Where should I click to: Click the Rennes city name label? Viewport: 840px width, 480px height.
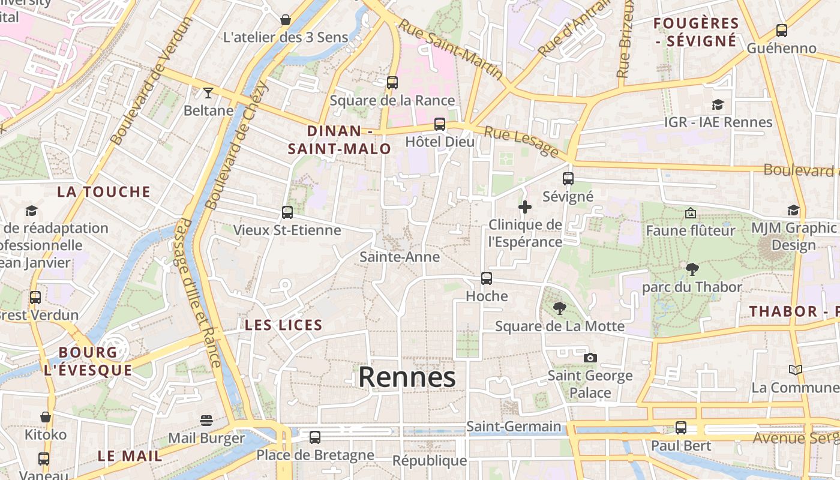(407, 377)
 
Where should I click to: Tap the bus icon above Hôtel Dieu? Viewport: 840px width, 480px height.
(440, 124)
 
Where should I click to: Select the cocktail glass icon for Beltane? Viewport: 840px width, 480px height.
(208, 92)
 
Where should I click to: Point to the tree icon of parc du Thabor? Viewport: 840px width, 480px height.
(692, 269)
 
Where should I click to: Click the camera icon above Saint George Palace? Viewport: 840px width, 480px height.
(590, 358)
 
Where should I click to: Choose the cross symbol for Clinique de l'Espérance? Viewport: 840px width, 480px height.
(525, 208)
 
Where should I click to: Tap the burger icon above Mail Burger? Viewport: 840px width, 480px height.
(206, 420)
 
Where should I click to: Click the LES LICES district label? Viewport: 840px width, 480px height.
(284, 325)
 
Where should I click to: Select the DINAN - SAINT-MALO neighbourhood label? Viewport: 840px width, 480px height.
(340, 140)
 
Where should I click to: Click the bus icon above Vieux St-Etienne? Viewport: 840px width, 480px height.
(287, 212)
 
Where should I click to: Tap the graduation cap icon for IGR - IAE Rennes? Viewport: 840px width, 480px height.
(718, 105)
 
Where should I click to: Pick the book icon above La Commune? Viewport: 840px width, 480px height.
(796, 370)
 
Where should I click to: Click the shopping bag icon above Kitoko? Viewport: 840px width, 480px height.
(46, 416)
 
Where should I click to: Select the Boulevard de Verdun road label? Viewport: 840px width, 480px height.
(151, 81)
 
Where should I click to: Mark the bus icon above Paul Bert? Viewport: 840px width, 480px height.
(680, 428)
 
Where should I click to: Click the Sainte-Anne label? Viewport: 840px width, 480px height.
(400, 257)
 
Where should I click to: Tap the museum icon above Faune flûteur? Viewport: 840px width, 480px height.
(690, 213)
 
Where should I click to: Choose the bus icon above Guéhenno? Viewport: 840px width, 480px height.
(781, 31)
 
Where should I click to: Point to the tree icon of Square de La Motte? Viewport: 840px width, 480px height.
(559, 308)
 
